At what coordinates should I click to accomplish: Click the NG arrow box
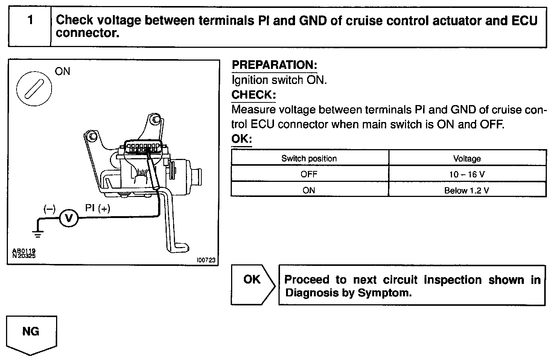point(31,334)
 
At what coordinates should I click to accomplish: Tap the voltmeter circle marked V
point(68,218)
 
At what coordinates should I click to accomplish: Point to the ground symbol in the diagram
point(37,234)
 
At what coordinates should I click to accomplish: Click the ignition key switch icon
point(34,89)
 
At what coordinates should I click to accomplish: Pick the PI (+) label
point(97,208)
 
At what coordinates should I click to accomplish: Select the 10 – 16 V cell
point(467,174)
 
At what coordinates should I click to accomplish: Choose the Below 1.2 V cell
point(467,190)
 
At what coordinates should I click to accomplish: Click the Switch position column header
point(309,159)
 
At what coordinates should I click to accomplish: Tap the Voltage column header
point(467,159)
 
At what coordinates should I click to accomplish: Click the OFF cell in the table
point(309,174)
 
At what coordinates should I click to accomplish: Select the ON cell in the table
point(309,190)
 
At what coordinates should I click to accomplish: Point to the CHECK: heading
point(253,95)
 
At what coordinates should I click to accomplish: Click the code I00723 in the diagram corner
point(206,260)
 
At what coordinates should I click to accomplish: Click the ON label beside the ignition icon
point(62,71)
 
